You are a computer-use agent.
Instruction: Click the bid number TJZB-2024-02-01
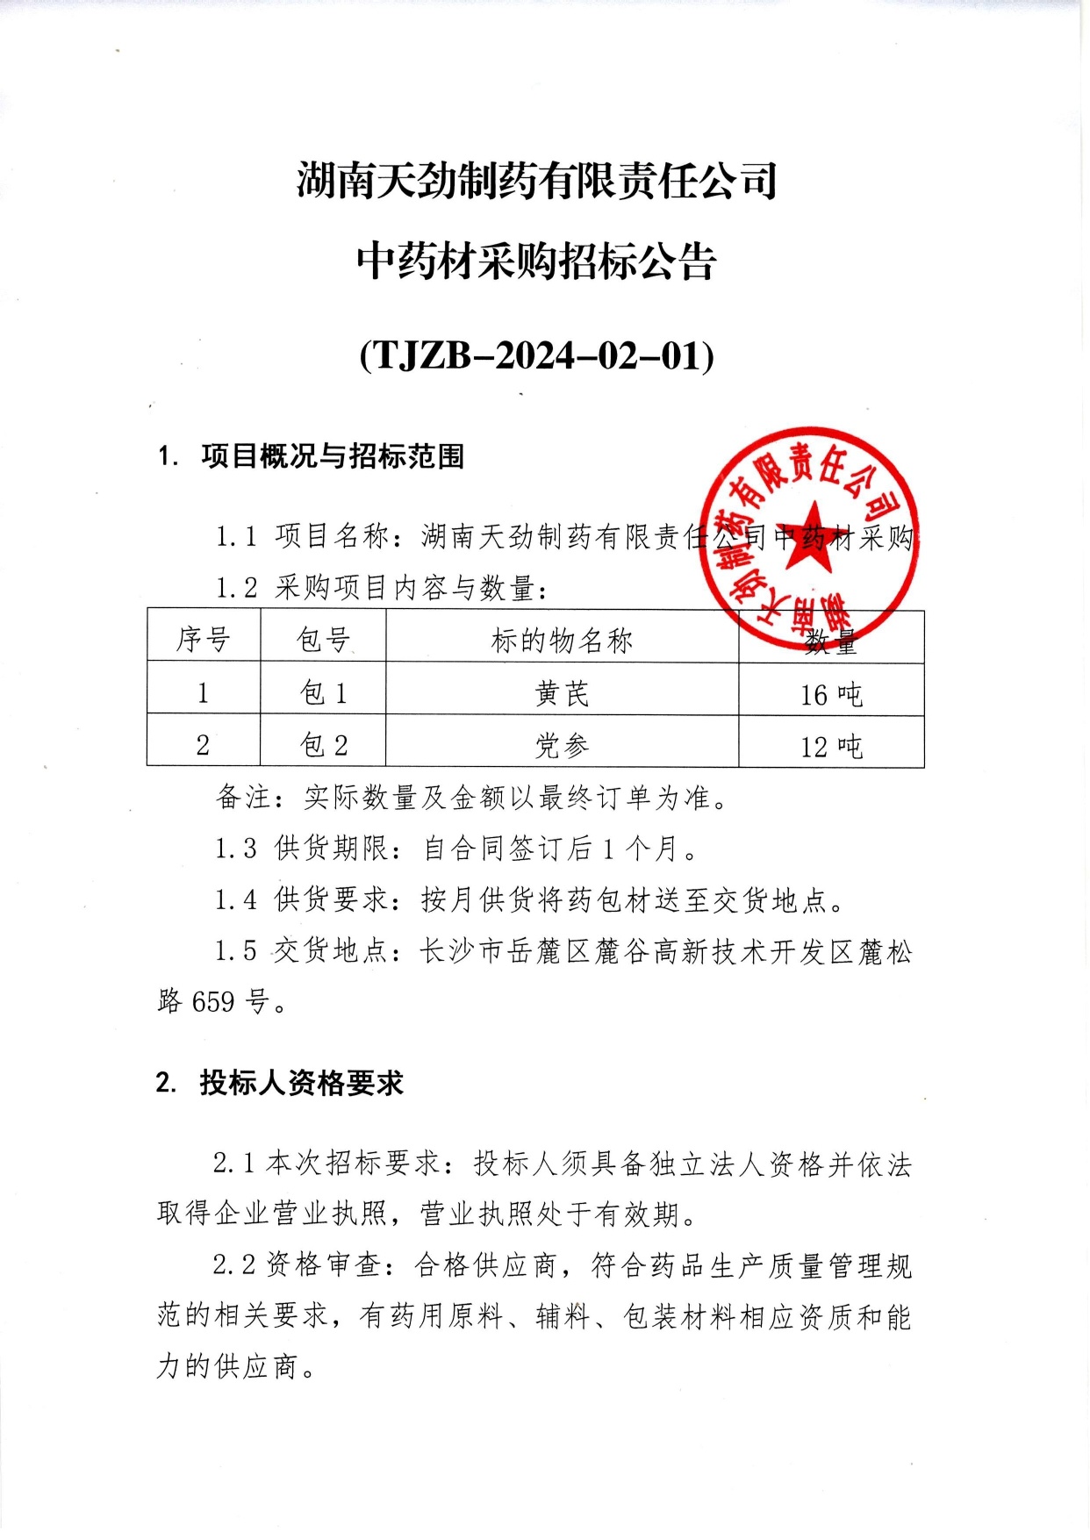[536, 356]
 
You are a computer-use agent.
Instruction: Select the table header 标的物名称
[562, 641]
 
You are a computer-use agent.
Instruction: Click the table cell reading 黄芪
[562, 693]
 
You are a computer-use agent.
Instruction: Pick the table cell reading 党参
[562, 746]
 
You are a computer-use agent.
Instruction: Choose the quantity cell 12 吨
[830, 747]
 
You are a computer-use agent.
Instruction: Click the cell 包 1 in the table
[323, 693]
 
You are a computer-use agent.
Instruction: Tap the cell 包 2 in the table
[323, 746]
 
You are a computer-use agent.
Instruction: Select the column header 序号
[203, 640]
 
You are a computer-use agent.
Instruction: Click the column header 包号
[323, 640]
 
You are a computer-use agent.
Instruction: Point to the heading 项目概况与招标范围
[332, 456]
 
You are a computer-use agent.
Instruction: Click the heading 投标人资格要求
[301, 1084]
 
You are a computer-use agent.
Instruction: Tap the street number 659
[213, 1001]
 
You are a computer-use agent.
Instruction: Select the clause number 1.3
[236, 849]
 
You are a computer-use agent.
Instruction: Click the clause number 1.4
[236, 900]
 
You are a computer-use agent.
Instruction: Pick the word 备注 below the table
[243, 798]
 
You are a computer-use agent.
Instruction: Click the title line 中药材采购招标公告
[536, 261]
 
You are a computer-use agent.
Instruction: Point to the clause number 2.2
[234, 1265]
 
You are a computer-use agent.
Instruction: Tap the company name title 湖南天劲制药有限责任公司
[536, 181]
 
